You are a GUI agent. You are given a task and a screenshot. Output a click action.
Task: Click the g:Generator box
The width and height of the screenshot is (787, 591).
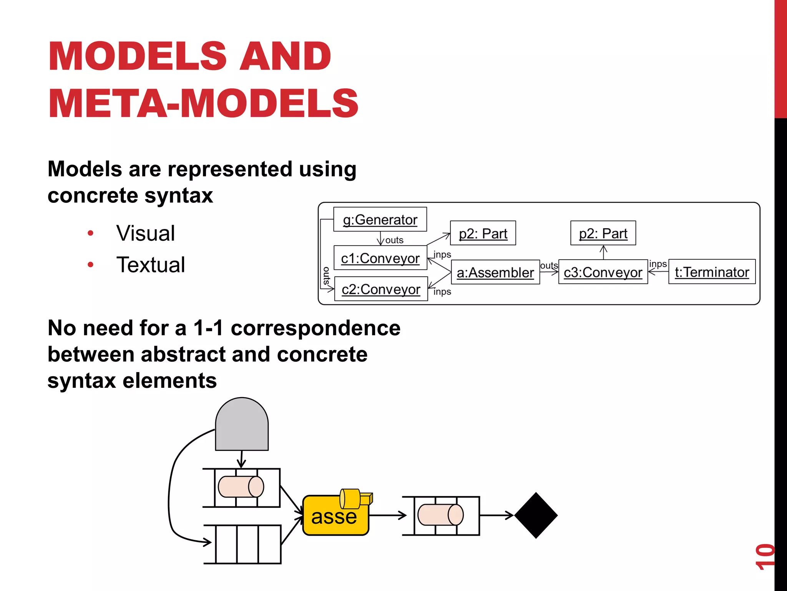click(380, 219)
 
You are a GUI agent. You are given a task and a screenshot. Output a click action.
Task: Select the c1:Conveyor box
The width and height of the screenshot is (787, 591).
click(380, 258)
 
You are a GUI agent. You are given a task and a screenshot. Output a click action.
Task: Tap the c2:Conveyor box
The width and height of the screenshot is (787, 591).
click(381, 289)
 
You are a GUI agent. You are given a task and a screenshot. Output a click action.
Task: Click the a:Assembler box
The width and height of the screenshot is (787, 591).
click(495, 272)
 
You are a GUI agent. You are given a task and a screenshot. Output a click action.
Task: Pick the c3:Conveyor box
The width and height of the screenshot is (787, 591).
click(603, 272)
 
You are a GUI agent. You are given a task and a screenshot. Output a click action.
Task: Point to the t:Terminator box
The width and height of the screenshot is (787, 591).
click(712, 272)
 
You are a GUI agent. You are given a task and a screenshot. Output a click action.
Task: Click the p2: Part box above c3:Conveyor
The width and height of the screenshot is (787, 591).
click(603, 233)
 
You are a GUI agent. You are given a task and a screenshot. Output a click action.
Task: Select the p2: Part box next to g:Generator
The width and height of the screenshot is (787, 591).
click(483, 233)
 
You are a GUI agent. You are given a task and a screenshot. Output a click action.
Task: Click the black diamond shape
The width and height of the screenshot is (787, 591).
click(536, 515)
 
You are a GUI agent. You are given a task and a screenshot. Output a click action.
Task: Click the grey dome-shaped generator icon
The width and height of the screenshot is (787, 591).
click(242, 425)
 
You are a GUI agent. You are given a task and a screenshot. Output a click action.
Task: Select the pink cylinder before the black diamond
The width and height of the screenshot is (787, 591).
click(440, 515)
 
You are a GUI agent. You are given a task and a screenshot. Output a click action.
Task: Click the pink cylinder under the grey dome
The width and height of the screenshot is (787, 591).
click(241, 487)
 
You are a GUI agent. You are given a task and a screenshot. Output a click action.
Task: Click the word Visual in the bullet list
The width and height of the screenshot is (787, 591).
click(146, 233)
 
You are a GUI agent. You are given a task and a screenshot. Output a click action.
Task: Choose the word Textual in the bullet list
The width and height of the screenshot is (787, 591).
click(151, 265)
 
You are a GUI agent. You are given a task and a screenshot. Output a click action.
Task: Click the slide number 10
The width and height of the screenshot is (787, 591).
click(765, 556)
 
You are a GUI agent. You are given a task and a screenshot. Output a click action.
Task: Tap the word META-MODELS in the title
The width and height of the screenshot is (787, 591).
click(203, 103)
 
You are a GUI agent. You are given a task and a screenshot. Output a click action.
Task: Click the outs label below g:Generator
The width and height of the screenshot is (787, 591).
click(394, 240)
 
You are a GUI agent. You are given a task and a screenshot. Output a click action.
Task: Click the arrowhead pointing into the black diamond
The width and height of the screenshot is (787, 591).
click(510, 515)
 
